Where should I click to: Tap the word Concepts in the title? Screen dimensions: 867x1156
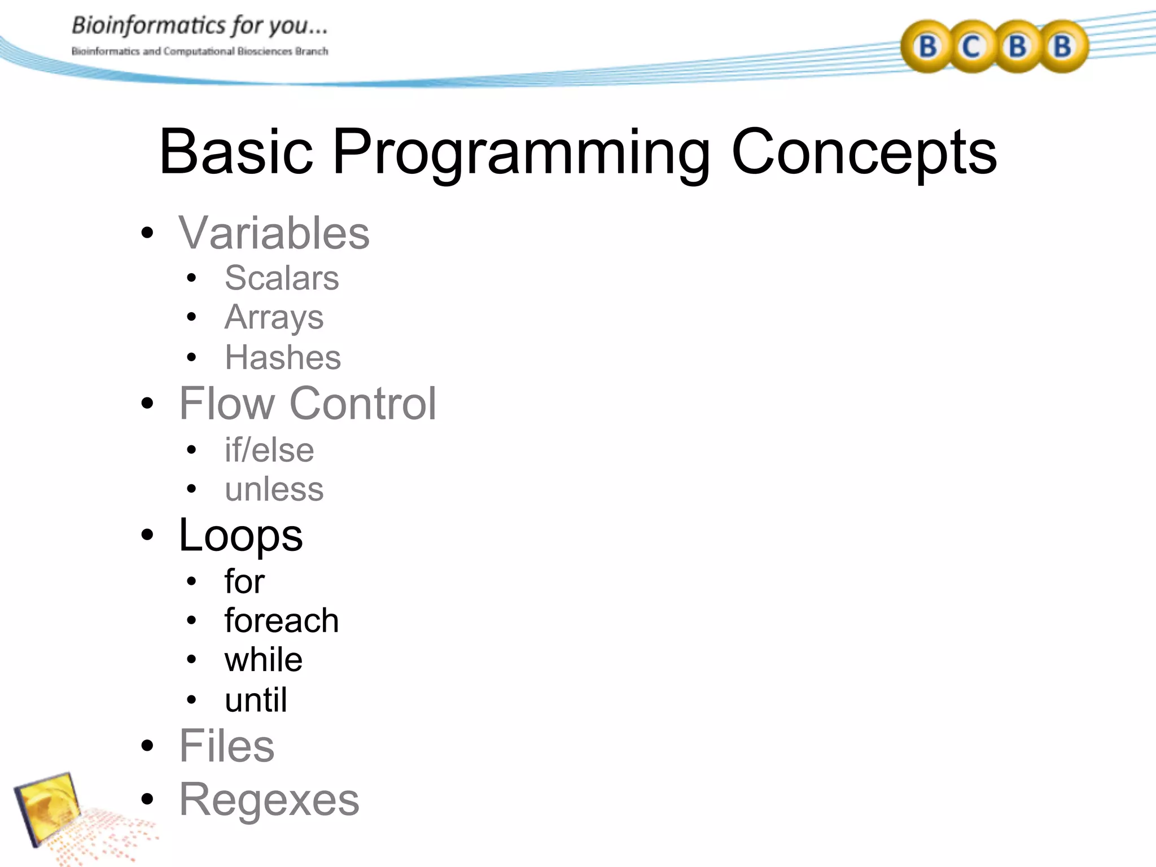[864, 152]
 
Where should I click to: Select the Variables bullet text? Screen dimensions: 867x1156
[274, 233]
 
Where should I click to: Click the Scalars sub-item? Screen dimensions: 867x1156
[282, 278]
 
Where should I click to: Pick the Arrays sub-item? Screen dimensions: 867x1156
[274, 317]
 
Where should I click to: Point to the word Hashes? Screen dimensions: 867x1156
[283, 357]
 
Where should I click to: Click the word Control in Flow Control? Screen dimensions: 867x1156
[362, 404]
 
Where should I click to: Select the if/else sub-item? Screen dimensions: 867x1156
[269, 450]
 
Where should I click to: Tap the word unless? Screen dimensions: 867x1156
[274, 489]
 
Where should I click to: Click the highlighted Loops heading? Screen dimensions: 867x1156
[240, 535]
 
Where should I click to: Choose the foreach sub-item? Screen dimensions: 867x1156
[281, 620]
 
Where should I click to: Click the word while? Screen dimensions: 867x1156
[263, 660]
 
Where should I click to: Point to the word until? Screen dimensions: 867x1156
[256, 700]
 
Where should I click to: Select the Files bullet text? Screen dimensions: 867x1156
[226, 746]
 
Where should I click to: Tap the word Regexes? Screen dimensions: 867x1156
[269, 800]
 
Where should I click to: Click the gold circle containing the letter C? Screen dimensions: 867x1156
[971, 47]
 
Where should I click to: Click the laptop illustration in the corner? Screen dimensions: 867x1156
[51, 807]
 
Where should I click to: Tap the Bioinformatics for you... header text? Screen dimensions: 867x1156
[199, 26]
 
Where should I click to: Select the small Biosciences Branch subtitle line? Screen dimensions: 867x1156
[199, 51]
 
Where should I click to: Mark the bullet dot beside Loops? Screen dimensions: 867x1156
[147, 535]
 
